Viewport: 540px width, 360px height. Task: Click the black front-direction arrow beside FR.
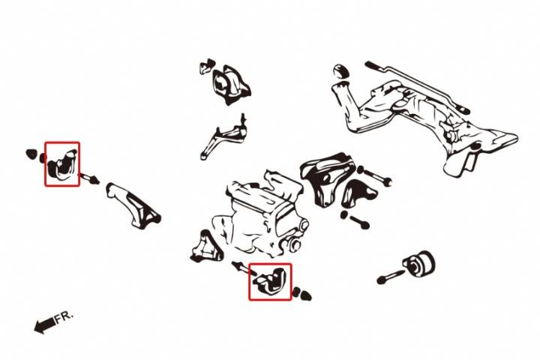(45, 325)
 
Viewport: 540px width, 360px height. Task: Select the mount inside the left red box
(63, 164)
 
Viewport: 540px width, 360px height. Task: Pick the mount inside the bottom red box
(271, 280)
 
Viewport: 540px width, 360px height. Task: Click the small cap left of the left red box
(31, 154)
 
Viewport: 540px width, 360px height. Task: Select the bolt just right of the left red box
(88, 179)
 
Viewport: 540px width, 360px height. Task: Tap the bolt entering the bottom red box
(244, 268)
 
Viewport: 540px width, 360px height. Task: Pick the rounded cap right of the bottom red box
(304, 295)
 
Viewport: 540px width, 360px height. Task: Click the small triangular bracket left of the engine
(205, 247)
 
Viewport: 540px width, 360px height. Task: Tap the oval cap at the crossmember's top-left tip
(341, 71)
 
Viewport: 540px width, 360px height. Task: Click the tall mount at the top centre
(230, 85)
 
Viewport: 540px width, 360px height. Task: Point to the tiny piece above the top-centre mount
(207, 66)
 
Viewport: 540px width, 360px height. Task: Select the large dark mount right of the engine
(326, 178)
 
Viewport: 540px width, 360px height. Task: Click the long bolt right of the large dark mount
(374, 175)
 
